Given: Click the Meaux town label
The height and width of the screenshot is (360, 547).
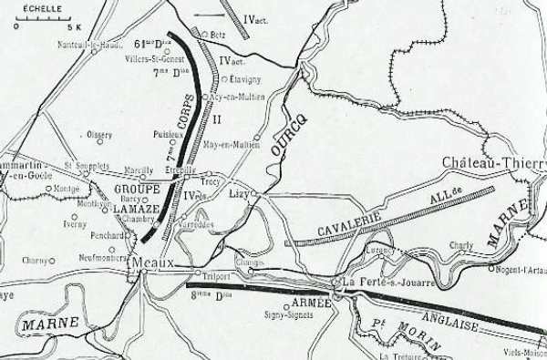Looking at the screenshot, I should [x=151, y=262].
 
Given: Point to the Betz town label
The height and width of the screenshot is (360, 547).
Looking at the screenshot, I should [x=217, y=35].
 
